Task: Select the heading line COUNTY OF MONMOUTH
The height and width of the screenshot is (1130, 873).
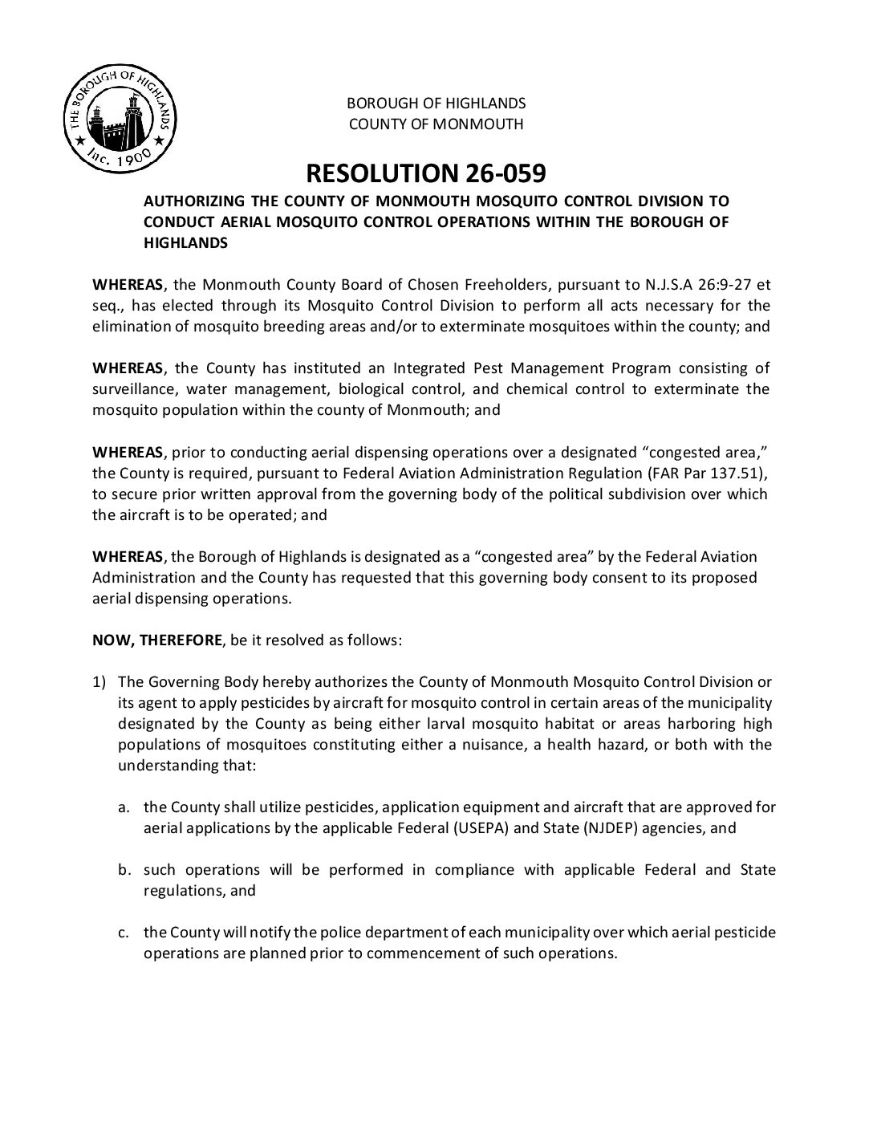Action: click(436, 124)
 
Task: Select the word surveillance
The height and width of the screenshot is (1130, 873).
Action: click(128, 389)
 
